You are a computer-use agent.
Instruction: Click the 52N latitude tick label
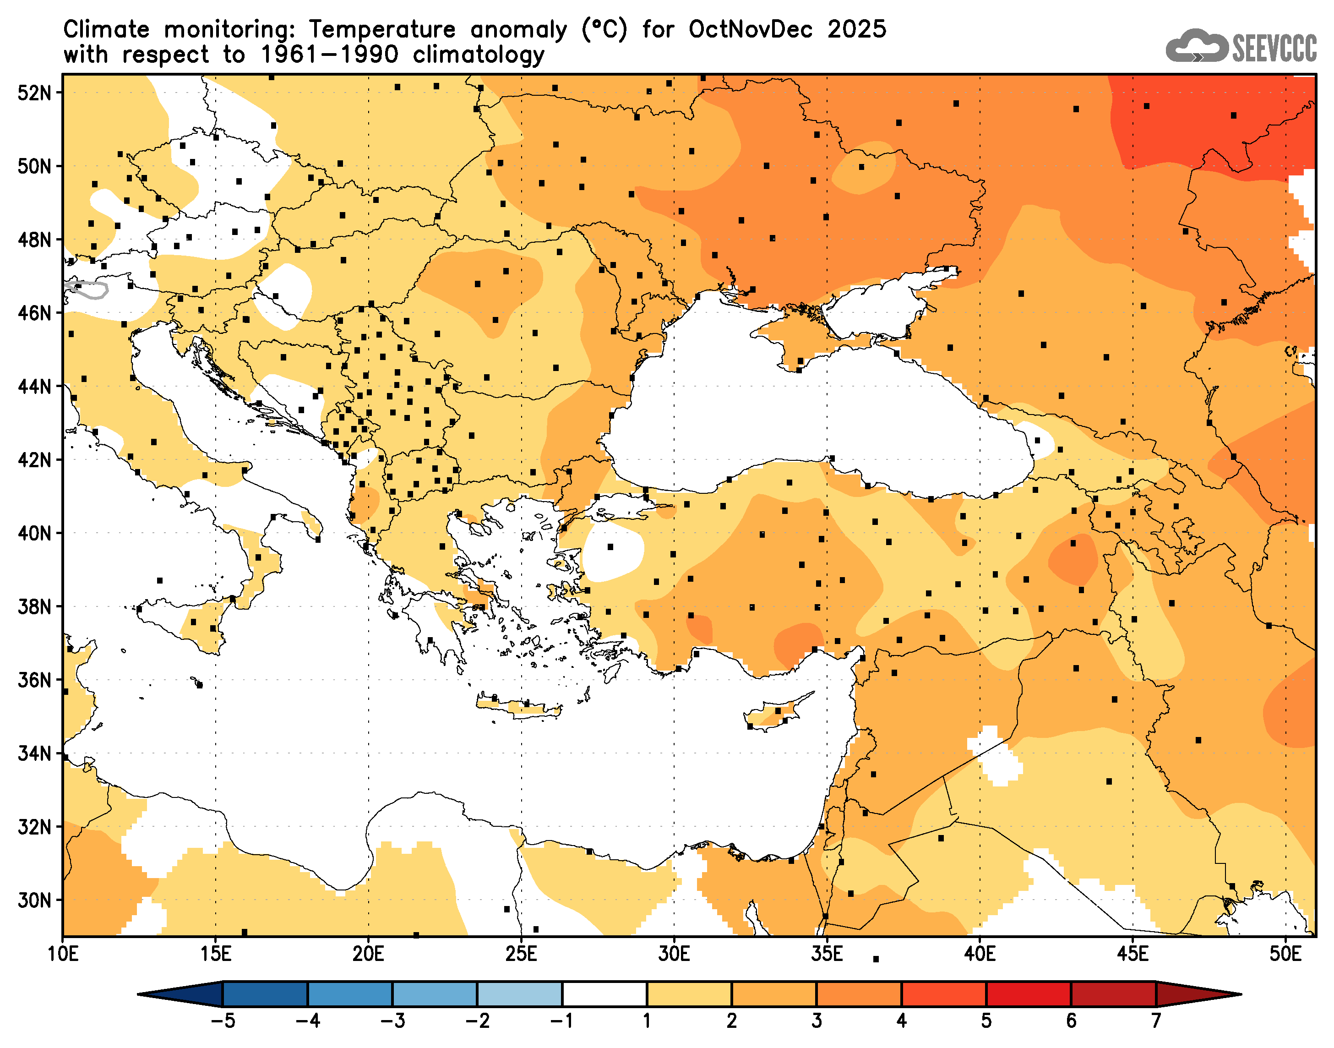pyautogui.click(x=34, y=93)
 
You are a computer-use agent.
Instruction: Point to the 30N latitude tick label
pyautogui.click(x=34, y=901)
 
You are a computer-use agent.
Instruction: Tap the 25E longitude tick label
pyautogui.click(x=521, y=955)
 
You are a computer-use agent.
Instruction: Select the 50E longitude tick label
pyautogui.click(x=1285, y=955)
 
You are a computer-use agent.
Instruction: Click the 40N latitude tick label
pyautogui.click(x=34, y=534)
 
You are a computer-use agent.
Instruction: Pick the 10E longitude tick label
pyautogui.click(x=63, y=955)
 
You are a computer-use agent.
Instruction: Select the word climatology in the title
pyautogui.click(x=479, y=55)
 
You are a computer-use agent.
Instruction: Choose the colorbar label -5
pyautogui.click(x=222, y=1021)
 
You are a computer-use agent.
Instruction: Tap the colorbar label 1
pyautogui.click(x=647, y=1021)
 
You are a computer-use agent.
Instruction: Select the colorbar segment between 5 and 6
pyautogui.click(x=1029, y=994)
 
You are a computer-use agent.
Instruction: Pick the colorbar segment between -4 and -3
pyautogui.click(x=349, y=994)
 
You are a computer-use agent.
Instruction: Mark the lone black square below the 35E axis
pyautogui.click(x=876, y=959)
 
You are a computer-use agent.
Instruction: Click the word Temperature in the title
pyautogui.click(x=381, y=29)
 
